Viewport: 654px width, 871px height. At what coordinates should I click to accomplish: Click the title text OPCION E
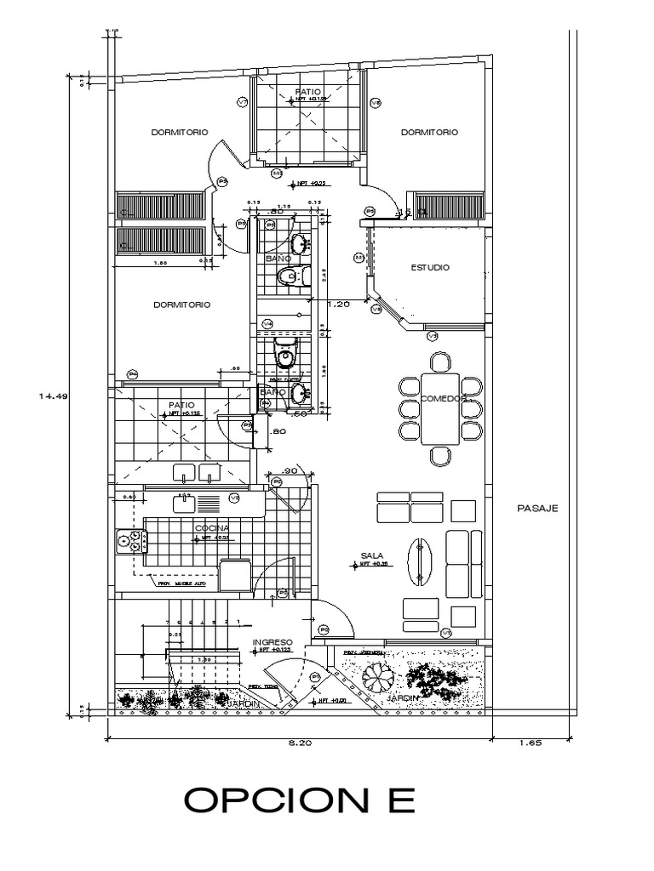click(300, 800)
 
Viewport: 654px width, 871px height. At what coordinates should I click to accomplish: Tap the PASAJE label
click(536, 509)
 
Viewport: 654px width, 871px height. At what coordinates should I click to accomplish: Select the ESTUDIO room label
click(430, 267)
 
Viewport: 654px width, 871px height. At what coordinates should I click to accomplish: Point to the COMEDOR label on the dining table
click(440, 398)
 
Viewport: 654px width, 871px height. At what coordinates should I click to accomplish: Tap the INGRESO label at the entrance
click(272, 641)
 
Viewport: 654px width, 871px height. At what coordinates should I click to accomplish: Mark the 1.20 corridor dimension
click(339, 302)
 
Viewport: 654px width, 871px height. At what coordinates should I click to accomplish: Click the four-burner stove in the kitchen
click(131, 541)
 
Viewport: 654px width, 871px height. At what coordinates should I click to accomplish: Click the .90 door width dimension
click(289, 471)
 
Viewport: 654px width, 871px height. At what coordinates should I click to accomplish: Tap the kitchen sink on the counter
click(186, 504)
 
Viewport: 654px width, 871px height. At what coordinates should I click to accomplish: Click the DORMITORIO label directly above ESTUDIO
click(429, 132)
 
